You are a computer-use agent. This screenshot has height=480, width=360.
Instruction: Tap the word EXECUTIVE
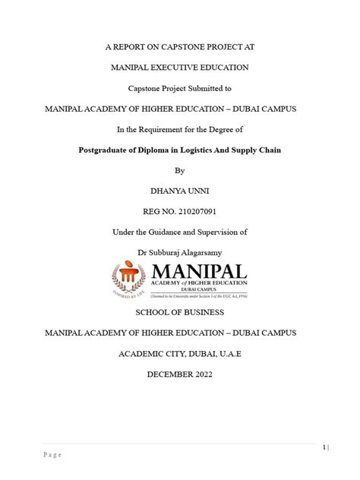click(179, 68)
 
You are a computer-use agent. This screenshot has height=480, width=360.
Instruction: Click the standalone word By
click(179, 170)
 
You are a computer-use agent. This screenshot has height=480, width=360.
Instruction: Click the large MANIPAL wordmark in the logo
click(198, 272)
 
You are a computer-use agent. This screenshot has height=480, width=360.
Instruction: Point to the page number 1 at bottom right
click(324, 447)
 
